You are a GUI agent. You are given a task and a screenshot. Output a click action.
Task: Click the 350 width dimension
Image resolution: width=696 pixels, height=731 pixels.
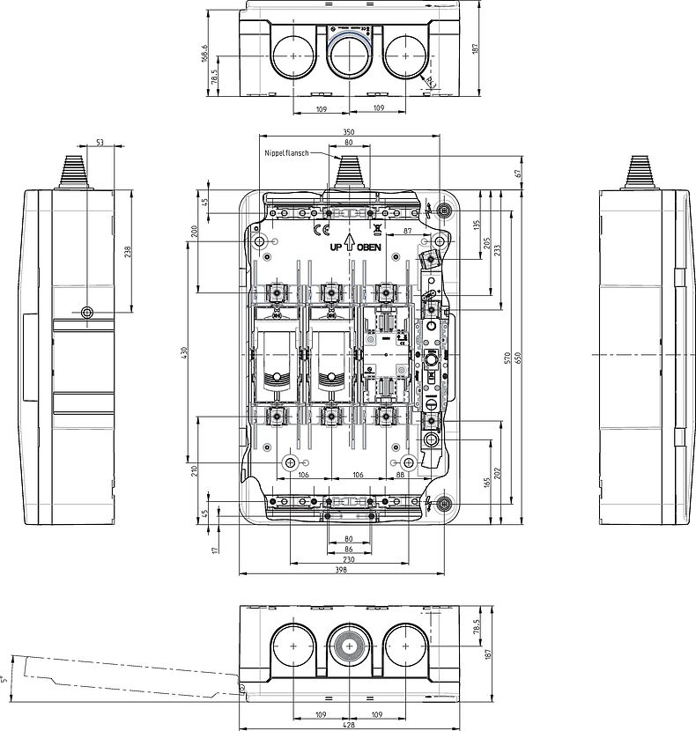(349, 131)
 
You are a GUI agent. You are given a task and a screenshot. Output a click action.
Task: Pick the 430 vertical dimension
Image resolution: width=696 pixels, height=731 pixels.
(185, 351)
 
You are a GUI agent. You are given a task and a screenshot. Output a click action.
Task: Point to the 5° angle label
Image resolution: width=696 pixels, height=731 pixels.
(4, 678)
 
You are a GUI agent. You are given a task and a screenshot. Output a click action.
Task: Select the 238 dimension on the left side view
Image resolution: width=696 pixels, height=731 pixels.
(128, 251)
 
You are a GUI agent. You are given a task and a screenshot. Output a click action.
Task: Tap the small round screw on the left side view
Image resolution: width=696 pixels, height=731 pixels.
(86, 313)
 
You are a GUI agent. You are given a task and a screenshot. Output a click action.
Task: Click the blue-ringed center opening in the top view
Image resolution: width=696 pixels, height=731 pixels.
(350, 55)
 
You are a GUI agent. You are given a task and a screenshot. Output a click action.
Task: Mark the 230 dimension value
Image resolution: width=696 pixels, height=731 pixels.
(349, 559)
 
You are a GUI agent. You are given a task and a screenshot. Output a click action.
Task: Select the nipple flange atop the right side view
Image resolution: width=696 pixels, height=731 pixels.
(640, 172)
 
